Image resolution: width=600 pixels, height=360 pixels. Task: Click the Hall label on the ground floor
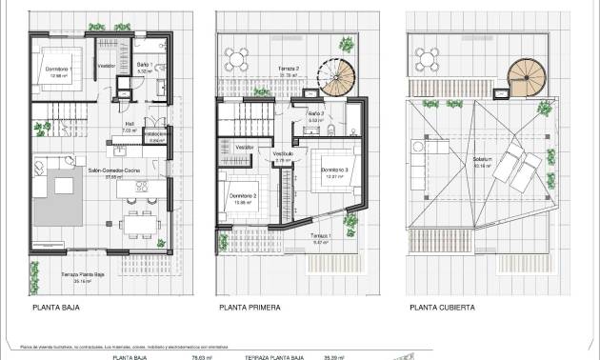(128, 123)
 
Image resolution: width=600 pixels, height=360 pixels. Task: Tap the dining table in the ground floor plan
(138, 225)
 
